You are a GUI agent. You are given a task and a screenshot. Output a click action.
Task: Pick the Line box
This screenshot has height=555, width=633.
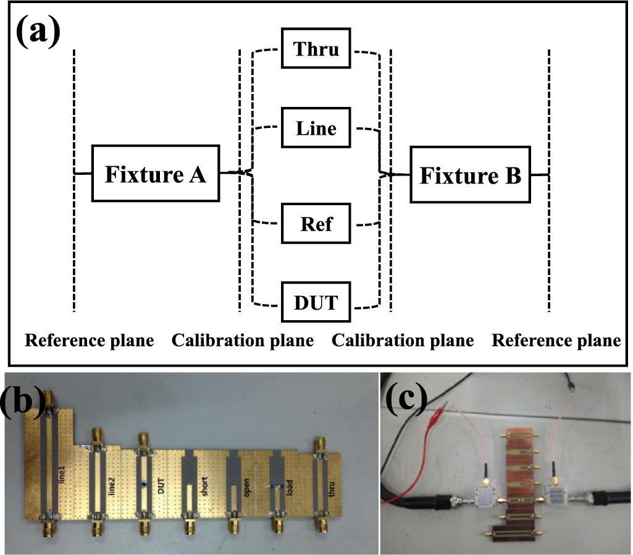[317, 128]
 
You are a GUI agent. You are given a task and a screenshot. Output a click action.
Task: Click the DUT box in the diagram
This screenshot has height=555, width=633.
[317, 303]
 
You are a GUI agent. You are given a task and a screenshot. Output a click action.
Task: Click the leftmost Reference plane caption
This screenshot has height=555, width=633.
[89, 341]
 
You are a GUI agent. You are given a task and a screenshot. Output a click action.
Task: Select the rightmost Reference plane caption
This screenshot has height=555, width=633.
[556, 341]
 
